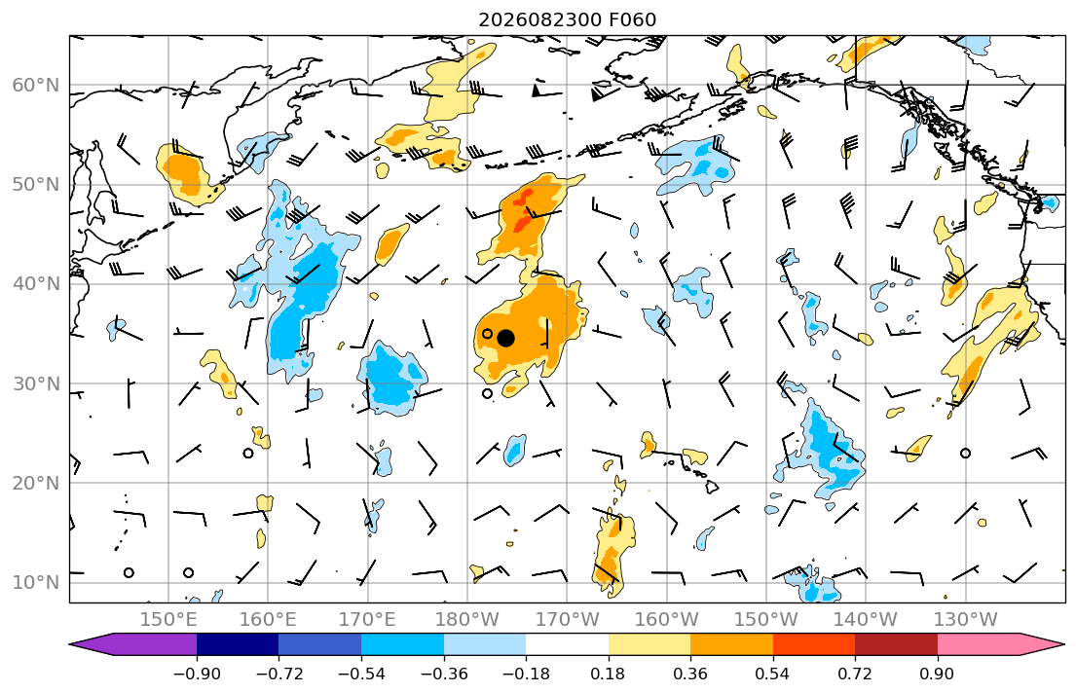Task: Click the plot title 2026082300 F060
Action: pos(567,19)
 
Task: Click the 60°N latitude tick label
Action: pos(36,85)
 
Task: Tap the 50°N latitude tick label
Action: pos(36,185)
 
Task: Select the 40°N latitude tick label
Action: pos(36,284)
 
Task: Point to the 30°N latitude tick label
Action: pos(36,383)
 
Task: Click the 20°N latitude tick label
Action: pos(36,483)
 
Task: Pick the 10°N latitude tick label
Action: pos(36,583)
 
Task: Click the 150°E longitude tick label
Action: pos(168,620)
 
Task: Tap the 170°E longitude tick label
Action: pos(368,620)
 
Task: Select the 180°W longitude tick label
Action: pos(467,620)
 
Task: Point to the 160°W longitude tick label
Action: pos(667,620)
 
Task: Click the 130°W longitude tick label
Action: pos(966,620)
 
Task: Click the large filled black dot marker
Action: pos(505,339)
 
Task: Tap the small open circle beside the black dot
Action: pos(487,334)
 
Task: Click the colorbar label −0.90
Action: pos(197,674)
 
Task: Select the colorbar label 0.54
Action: pos(773,674)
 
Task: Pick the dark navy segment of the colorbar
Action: pos(238,644)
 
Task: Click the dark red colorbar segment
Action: pos(896,644)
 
